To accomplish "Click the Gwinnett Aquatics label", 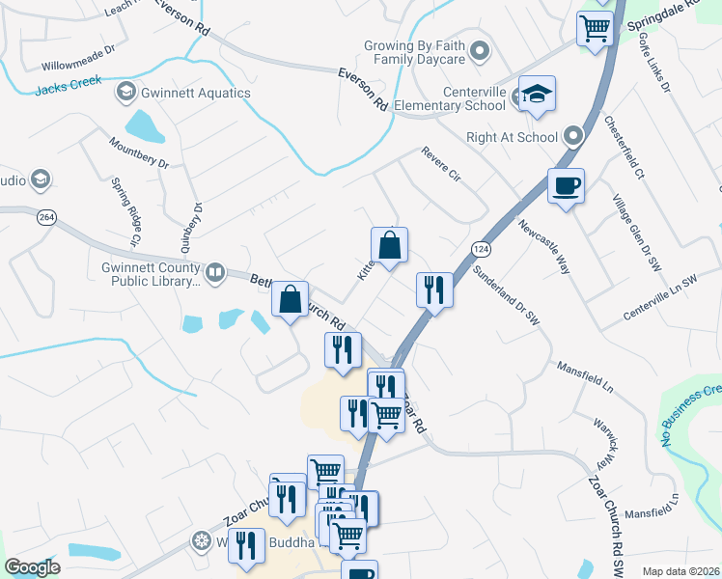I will tap(194, 94).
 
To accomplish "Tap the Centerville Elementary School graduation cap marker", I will tap(538, 95).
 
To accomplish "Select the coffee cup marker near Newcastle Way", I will tap(566, 185).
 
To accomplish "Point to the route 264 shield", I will tap(45, 217).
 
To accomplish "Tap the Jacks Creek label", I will tap(69, 88).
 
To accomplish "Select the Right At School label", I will tap(512, 137).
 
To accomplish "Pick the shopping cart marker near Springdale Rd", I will tap(595, 28).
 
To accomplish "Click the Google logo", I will tap(32, 567).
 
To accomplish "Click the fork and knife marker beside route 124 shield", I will tap(434, 289).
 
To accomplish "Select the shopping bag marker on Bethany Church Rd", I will tap(290, 299).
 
